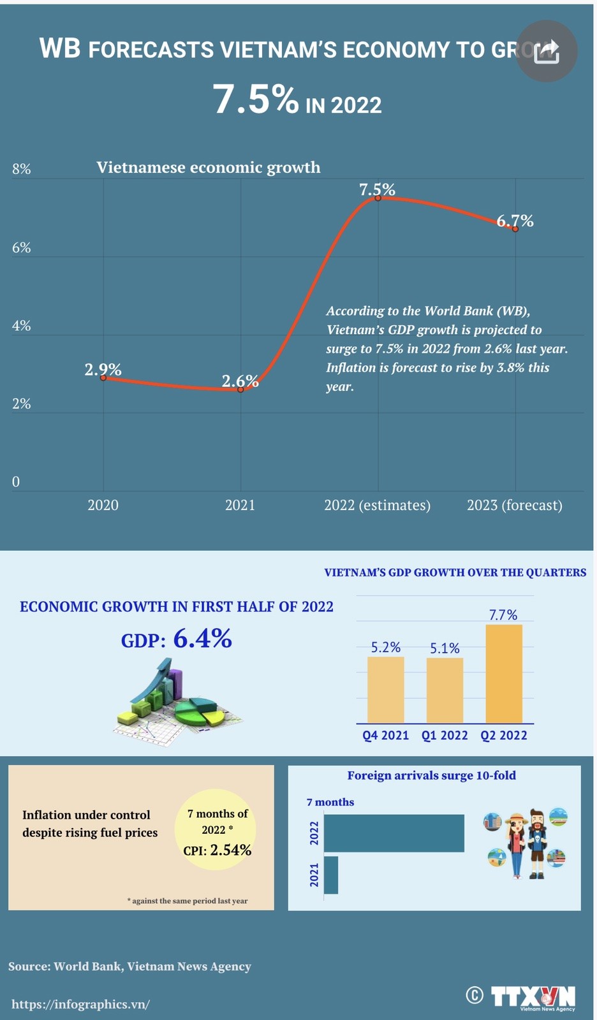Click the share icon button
pos(546,51)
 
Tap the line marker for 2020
pos(103,378)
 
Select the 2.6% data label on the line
pos(240,381)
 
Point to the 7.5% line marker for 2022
pos(378,198)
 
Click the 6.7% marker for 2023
pos(515,228)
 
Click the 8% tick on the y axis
pos(21,169)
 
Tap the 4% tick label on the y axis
pos(21,326)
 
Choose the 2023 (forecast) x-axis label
pos(514,505)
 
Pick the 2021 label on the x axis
pos(240,505)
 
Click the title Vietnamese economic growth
pos(209,167)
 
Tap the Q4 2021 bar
pos(385,690)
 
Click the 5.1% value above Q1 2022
pos(445,648)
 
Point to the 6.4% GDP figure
pos(202,639)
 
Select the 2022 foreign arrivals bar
pos(394,833)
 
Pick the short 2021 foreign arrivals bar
pos(331,875)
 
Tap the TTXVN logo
pos(533,996)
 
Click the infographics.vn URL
pos(80,1004)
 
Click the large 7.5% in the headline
pos(255,99)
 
